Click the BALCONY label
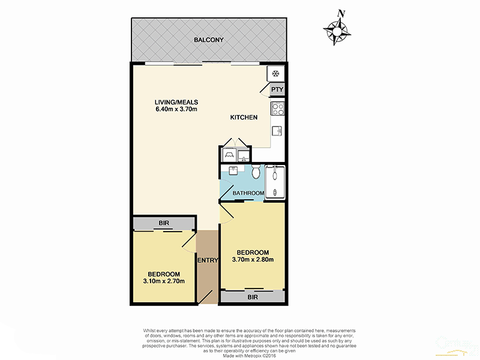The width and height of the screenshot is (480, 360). pyautogui.click(x=208, y=40)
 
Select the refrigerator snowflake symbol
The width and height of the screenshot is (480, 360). pyautogui.click(x=275, y=74)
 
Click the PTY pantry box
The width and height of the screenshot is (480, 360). pyautogui.click(x=276, y=90)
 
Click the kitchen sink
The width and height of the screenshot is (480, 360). pyautogui.click(x=278, y=130)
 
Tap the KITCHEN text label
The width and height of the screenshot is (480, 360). pyautogui.click(x=244, y=118)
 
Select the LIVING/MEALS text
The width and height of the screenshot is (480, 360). pyautogui.click(x=176, y=101)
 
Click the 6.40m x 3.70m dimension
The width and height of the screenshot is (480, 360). pyautogui.click(x=176, y=109)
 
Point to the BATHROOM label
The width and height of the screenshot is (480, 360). pyautogui.click(x=248, y=193)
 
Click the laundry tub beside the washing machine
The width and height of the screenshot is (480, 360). pyautogui.click(x=242, y=156)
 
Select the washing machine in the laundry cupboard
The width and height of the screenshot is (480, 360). pyautogui.click(x=228, y=155)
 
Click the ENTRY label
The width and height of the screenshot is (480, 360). pyautogui.click(x=207, y=260)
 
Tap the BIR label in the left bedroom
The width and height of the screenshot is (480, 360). pyautogui.click(x=164, y=224)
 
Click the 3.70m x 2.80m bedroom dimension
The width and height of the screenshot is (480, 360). pyautogui.click(x=253, y=260)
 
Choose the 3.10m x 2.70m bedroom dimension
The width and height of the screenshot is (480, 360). pyautogui.click(x=163, y=281)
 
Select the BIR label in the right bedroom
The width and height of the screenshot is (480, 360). pyautogui.click(x=253, y=296)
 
